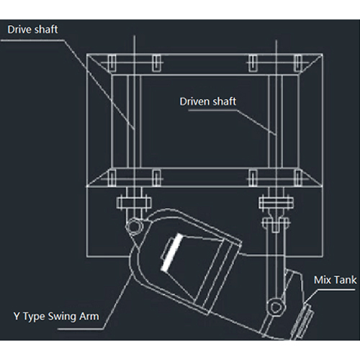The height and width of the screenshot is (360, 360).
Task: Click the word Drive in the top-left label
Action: click(x=19, y=30)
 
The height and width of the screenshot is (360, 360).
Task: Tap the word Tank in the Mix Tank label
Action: click(x=346, y=280)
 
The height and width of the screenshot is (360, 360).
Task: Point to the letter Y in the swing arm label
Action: click(x=17, y=316)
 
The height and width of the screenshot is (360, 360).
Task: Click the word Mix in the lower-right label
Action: click(x=323, y=280)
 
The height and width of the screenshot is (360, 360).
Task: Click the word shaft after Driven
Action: click(x=224, y=102)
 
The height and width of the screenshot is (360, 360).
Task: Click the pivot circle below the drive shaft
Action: click(x=134, y=226)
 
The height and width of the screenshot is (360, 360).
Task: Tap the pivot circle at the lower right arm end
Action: click(x=276, y=307)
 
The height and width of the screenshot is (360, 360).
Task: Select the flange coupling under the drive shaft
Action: click(x=134, y=203)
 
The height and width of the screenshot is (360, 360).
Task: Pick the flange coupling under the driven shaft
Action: click(x=276, y=203)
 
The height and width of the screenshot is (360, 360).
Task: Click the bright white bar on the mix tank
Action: click(x=171, y=252)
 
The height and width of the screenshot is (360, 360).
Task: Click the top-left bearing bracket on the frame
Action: click(x=112, y=63)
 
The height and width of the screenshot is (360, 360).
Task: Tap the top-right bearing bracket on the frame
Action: click(x=297, y=63)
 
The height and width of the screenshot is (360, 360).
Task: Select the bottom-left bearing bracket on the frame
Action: click(x=112, y=178)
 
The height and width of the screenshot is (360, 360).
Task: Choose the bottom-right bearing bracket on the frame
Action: click(x=297, y=178)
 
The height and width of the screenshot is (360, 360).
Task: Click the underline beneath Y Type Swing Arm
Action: click(x=81, y=329)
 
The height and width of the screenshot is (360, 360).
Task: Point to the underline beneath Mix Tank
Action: click(x=336, y=289)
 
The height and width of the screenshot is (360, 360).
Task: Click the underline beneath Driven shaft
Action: click(x=213, y=110)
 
